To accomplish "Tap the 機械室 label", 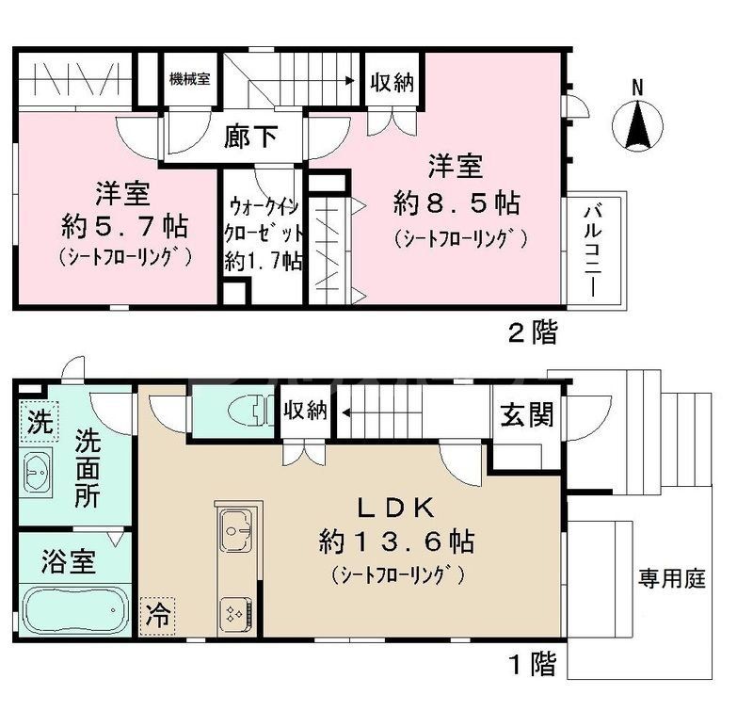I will pos(189,79).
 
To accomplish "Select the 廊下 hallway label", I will pos(251,137).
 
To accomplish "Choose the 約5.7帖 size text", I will pos(123,226).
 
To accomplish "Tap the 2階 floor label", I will pos(532,331).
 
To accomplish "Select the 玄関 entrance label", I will pos(526,413).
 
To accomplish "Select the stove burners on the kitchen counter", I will pos(234,613).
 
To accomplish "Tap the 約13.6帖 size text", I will pos(395,541).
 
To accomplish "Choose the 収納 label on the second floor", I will pos(391,83).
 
